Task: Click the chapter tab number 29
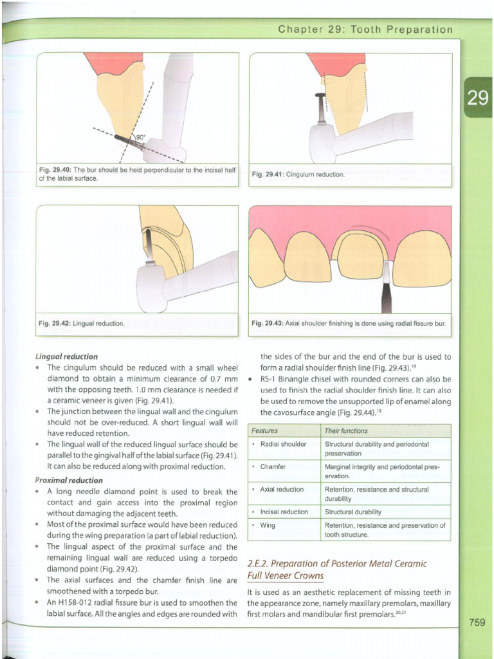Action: [x=477, y=98]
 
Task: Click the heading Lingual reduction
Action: [x=67, y=356]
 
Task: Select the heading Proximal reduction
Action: [x=69, y=480]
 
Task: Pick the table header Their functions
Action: [x=347, y=431]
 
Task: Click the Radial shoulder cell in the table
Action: [x=283, y=444]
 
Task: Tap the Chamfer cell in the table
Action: [x=273, y=467]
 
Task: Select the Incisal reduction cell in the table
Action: [x=284, y=512]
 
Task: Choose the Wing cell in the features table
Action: [x=268, y=525]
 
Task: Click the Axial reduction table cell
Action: [x=282, y=489]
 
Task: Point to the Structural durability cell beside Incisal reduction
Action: [x=353, y=512]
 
